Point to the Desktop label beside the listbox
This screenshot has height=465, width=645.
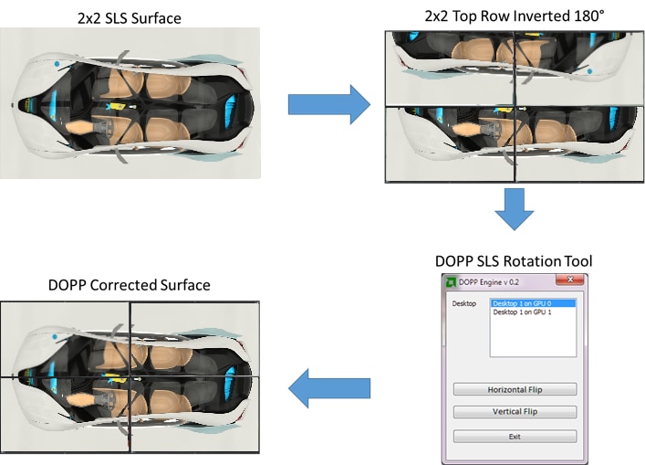tap(464, 302)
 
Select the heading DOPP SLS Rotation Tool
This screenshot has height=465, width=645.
tap(514, 261)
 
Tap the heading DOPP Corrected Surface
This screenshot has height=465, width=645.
tap(129, 285)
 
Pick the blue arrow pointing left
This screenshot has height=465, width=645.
tap(328, 390)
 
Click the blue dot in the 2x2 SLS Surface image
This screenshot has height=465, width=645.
tap(57, 64)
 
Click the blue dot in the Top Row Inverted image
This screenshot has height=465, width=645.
tap(590, 70)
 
